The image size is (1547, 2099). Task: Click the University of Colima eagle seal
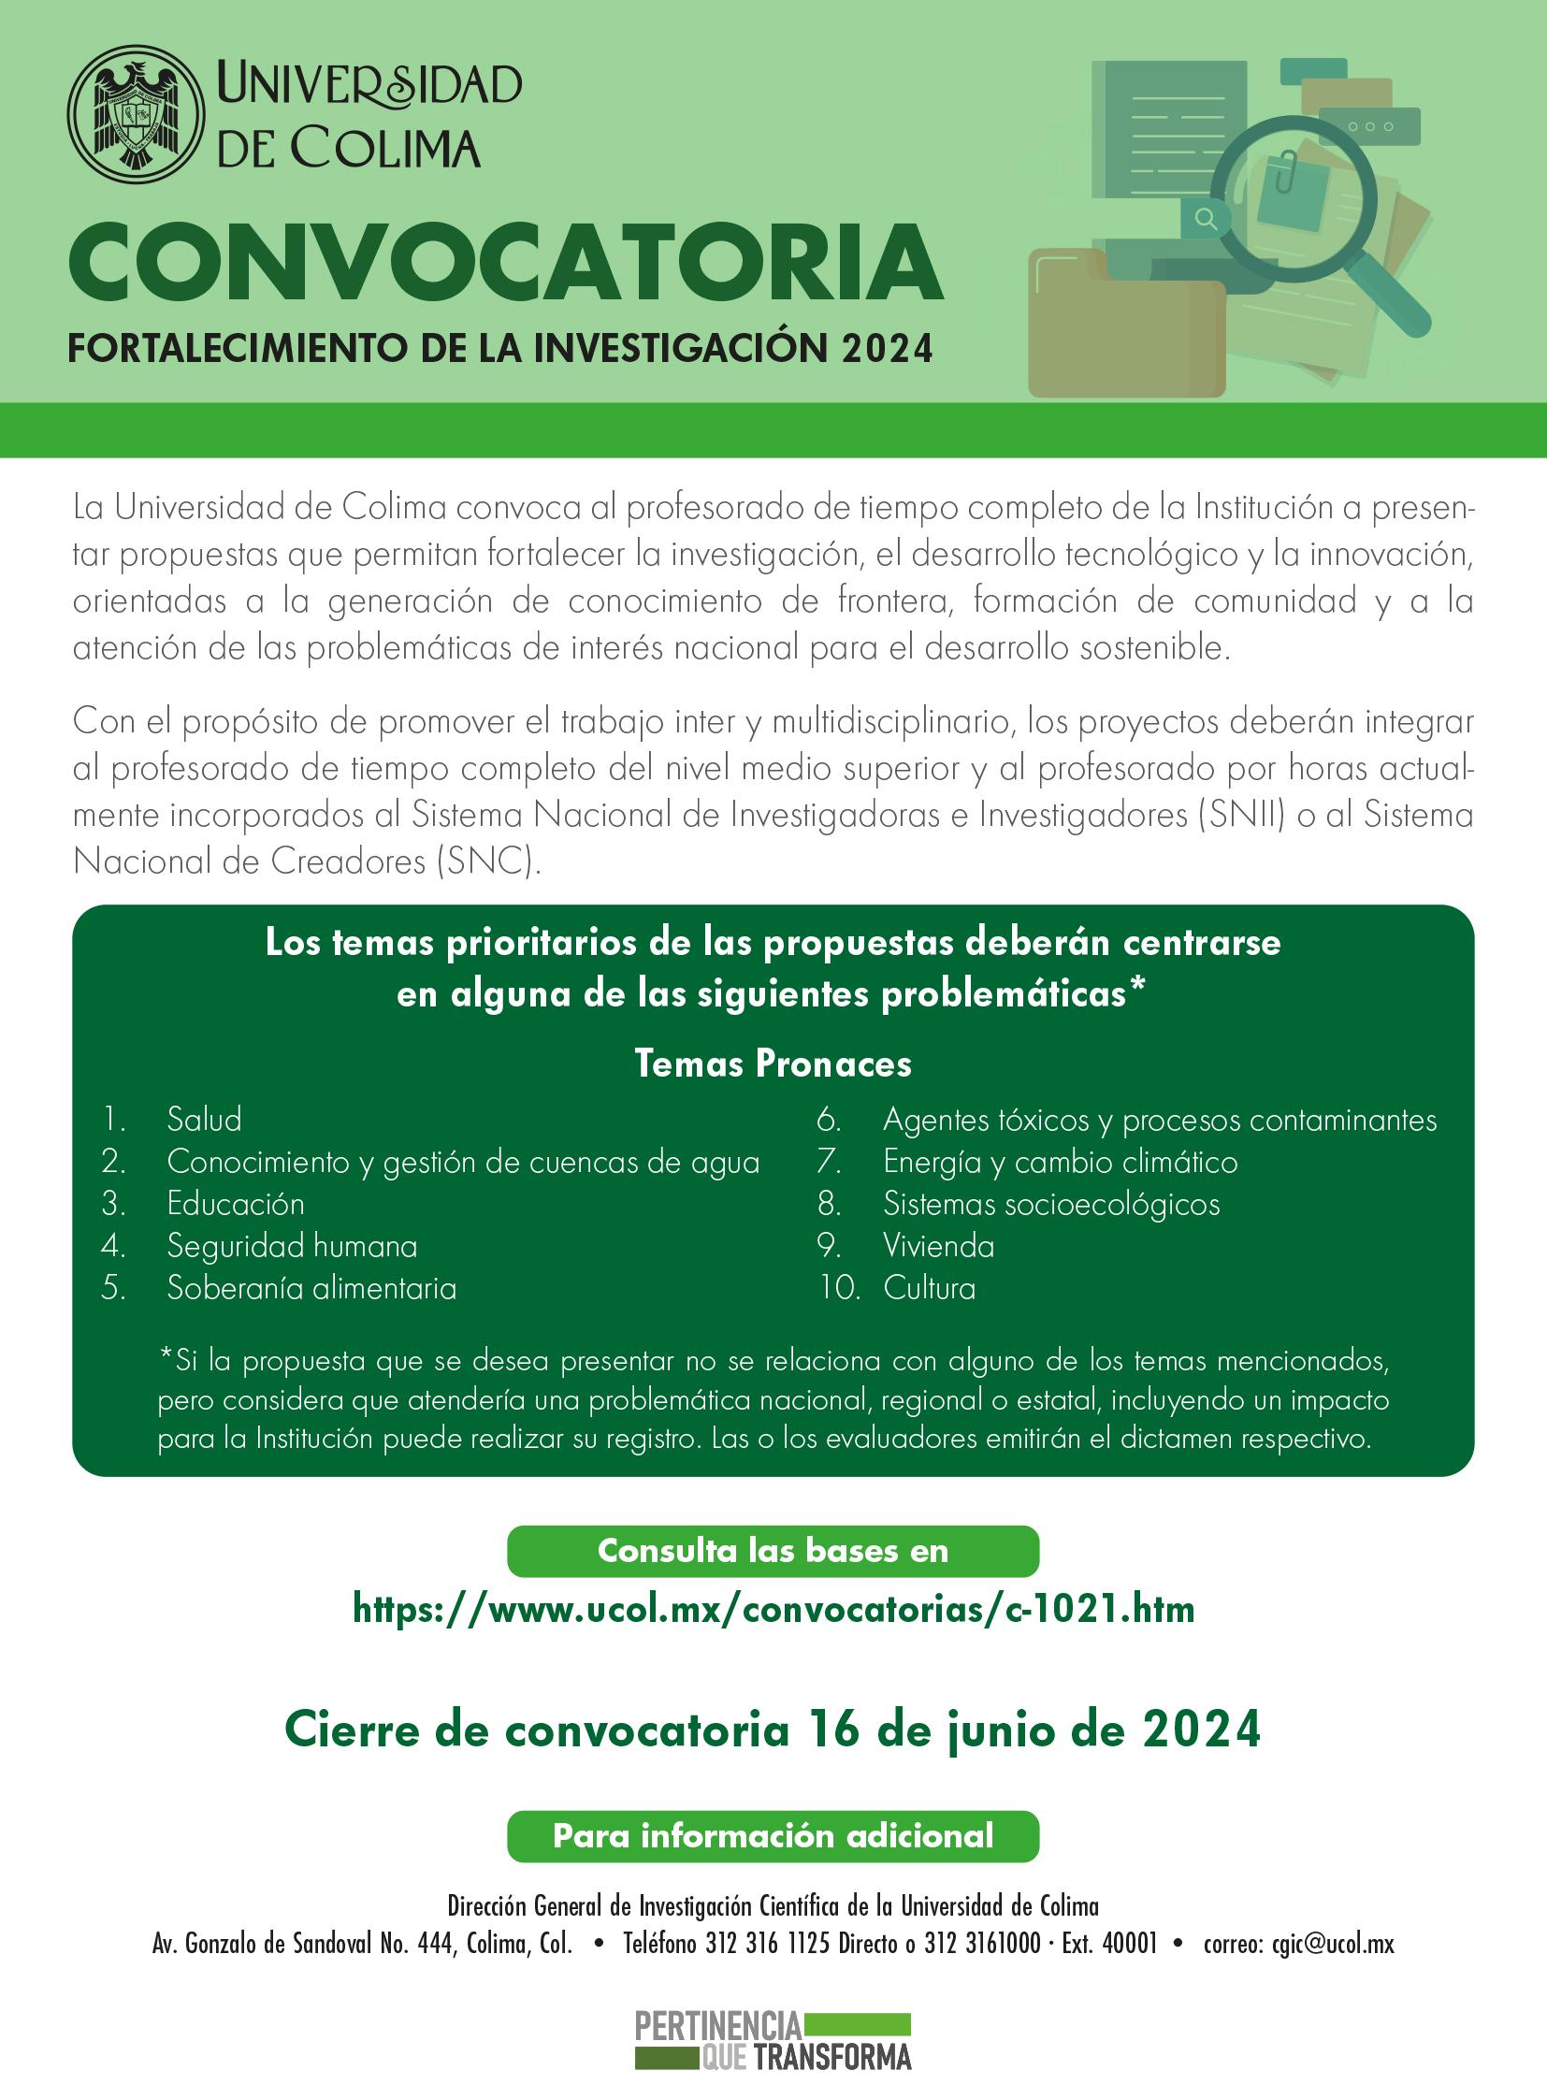(136, 113)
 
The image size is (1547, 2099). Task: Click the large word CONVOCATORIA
(506, 264)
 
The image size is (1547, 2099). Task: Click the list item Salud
(204, 1120)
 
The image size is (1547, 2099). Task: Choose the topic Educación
(235, 1204)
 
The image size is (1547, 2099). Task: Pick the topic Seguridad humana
(291, 1246)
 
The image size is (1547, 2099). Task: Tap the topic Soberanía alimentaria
(311, 1288)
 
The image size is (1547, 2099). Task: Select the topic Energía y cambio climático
(1059, 1162)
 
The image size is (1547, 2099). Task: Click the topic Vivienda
(937, 1246)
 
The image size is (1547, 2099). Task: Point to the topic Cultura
(928, 1288)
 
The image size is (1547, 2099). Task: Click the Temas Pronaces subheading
(773, 1064)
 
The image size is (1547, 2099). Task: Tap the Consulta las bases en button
(773, 1551)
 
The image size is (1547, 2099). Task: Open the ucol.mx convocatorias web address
(773, 1609)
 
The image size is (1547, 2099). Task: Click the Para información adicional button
(773, 1836)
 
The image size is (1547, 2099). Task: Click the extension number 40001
(1130, 1944)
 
